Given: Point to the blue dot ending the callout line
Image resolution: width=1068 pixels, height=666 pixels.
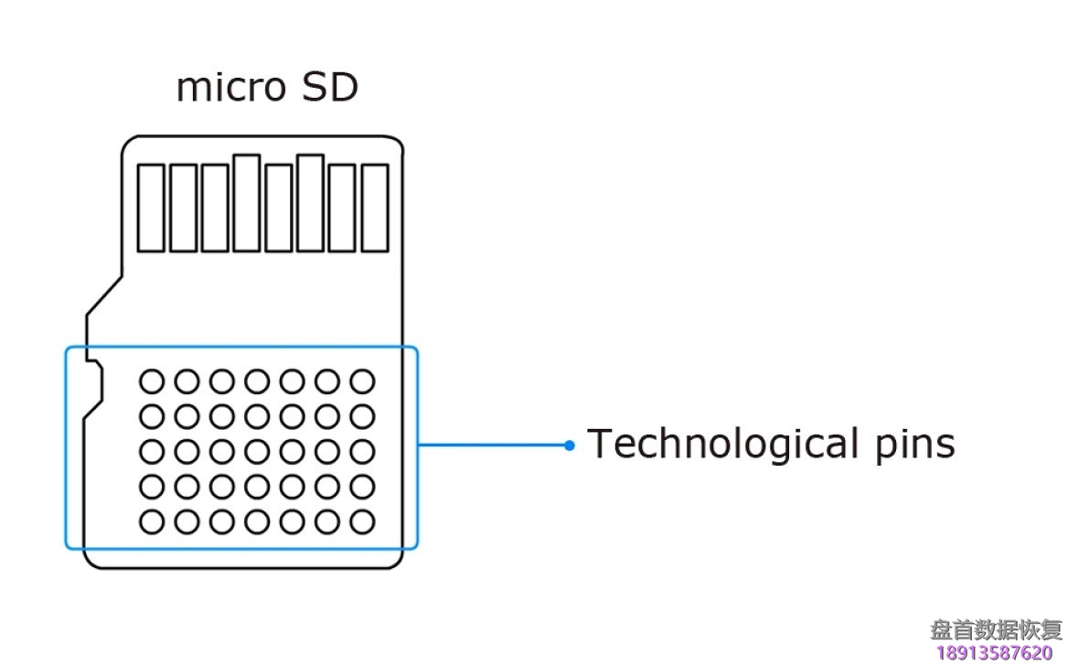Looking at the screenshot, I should [x=570, y=446].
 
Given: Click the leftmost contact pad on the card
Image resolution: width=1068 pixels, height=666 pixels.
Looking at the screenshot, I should [x=151, y=208].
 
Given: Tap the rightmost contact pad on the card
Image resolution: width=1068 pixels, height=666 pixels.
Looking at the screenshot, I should [x=375, y=208].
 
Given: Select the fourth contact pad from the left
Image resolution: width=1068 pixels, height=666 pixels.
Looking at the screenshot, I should [x=247, y=203].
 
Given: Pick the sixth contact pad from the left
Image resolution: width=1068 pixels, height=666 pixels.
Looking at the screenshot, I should [x=311, y=203].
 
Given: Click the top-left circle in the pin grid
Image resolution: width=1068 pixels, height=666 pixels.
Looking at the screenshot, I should [x=152, y=381].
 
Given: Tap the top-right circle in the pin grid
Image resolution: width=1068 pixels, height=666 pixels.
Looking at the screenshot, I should [x=363, y=381].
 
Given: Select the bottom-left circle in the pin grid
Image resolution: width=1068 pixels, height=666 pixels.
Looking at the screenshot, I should [x=152, y=522].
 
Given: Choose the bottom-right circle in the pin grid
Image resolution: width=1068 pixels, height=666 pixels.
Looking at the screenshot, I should [x=363, y=522].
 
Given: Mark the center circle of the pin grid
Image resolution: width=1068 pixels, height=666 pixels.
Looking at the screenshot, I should [x=257, y=452].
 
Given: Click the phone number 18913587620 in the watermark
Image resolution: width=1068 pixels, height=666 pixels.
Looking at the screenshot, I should [x=995, y=652].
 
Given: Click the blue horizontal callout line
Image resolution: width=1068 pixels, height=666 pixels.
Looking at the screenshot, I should [x=494, y=446].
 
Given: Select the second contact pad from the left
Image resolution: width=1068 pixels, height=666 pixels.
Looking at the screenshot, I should [x=183, y=208].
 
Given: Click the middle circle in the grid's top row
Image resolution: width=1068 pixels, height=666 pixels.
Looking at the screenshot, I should [x=257, y=381].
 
